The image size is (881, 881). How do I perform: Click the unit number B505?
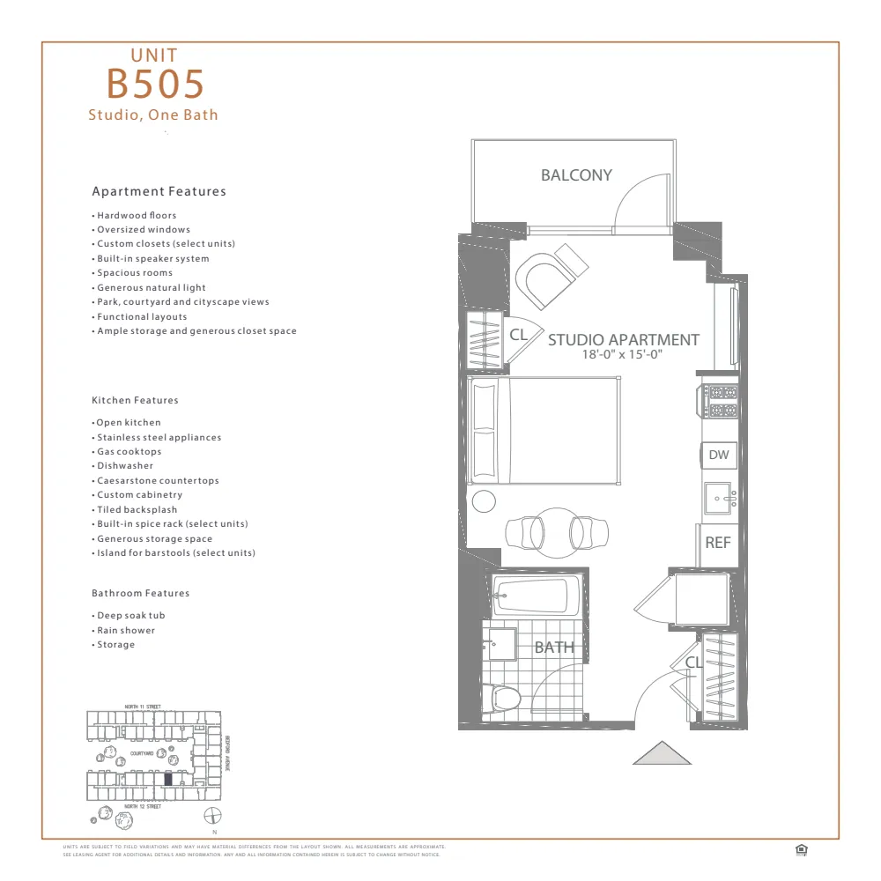tap(155, 84)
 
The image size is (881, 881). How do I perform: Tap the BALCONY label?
tap(576, 175)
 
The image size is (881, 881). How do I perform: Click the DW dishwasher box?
tap(719, 455)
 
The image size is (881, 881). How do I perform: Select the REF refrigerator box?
tap(718, 543)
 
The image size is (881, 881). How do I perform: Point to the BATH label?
tap(554, 648)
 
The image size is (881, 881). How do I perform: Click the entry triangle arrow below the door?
tap(662, 753)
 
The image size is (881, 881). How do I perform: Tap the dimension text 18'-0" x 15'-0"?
tap(622, 354)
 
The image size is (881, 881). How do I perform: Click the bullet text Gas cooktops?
tap(130, 452)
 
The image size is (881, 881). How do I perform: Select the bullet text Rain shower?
tap(126, 631)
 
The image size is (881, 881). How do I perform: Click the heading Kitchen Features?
tap(135, 400)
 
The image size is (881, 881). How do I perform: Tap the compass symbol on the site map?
tap(211, 815)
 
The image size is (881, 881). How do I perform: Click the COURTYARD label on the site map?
tap(142, 754)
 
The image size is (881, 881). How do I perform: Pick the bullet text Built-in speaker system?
tap(153, 259)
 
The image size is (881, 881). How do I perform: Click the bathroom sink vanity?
tap(502, 644)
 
